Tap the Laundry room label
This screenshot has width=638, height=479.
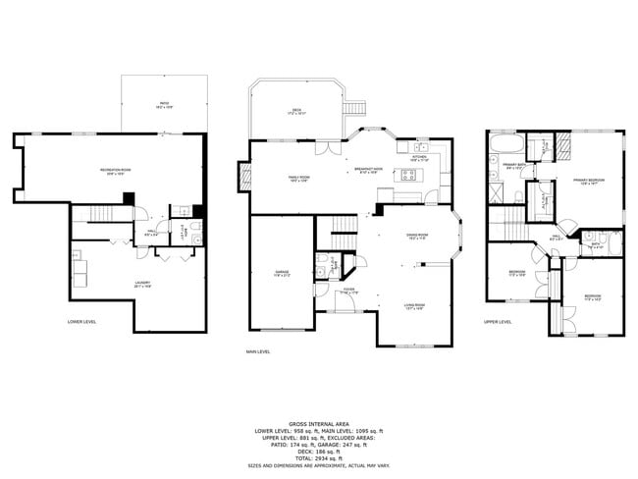coord(142,285)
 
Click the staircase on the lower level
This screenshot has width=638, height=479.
coord(103,215)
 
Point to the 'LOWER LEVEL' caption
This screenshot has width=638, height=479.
coord(81,321)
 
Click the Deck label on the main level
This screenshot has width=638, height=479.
coord(296,112)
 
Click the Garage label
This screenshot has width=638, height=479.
coord(282,275)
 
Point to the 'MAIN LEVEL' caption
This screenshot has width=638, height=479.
coord(259,351)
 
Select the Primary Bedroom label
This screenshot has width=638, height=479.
coord(588,182)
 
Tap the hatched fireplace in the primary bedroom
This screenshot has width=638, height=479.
coord(566,147)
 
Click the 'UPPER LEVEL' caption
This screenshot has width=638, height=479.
coord(497,321)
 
